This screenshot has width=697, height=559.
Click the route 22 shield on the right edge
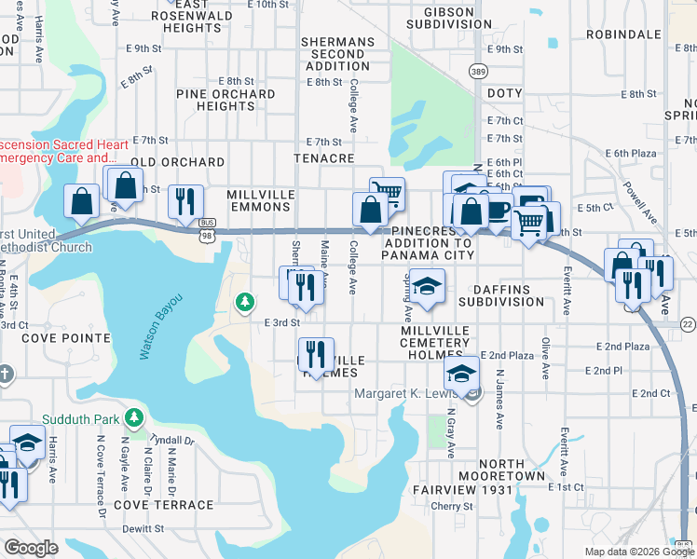(x=688, y=323)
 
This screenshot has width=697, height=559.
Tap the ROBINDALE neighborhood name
(x=628, y=34)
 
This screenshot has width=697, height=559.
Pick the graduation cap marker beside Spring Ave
(x=427, y=287)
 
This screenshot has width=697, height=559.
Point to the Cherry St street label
(x=452, y=507)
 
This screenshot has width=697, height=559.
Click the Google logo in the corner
(x=31, y=548)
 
